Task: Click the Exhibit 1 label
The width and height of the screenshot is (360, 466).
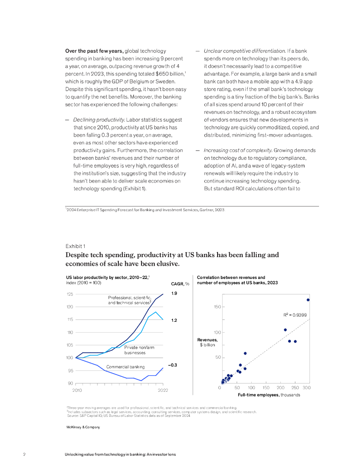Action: (76, 246)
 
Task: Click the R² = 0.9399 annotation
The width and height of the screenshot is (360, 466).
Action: (295, 315)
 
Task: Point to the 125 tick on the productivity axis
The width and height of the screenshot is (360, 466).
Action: (70, 294)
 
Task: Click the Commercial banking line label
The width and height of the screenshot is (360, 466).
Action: (125, 367)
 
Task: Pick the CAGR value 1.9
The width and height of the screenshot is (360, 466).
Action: (174, 294)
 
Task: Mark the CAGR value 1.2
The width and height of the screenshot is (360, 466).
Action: (174, 320)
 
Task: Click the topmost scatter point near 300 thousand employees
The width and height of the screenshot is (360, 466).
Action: (308, 300)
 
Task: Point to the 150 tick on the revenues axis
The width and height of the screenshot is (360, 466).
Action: (217, 307)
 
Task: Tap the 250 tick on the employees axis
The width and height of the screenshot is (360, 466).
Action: (295, 387)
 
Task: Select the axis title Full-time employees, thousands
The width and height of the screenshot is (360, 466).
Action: (269, 395)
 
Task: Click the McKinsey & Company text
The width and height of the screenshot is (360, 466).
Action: (83, 427)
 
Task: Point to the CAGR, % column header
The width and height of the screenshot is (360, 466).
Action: (180, 284)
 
